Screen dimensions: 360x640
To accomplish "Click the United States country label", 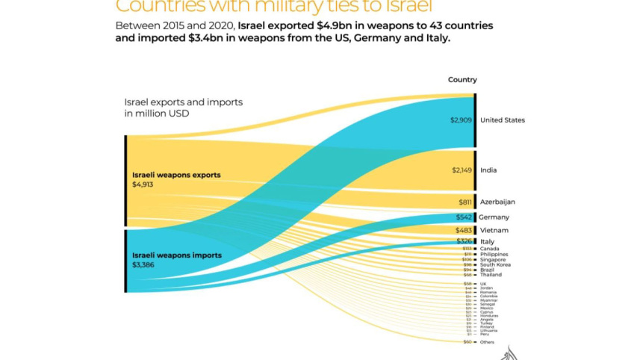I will click(502, 120).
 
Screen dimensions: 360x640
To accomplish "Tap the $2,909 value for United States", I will click(461, 120).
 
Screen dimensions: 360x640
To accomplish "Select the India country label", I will click(488, 170).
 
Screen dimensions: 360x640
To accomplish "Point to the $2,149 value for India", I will click(462, 170).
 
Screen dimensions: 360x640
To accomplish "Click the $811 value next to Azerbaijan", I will click(465, 202).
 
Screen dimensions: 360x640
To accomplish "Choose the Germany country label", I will click(494, 217).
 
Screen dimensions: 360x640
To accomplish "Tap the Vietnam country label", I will click(494, 230).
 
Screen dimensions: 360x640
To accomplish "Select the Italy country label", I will click(487, 242).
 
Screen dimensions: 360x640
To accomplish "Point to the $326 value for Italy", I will click(465, 242).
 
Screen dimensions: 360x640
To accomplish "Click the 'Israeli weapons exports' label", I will click(176, 175).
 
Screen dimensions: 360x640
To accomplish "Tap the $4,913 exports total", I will click(143, 184).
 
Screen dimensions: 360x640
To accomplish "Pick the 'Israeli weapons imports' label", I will click(176, 255).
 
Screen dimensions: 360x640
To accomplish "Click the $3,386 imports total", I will click(143, 264).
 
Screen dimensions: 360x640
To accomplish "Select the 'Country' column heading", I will click(462, 80).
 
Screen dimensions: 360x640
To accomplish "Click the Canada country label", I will click(489, 249).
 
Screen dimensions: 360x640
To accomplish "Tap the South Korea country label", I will click(494, 264).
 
